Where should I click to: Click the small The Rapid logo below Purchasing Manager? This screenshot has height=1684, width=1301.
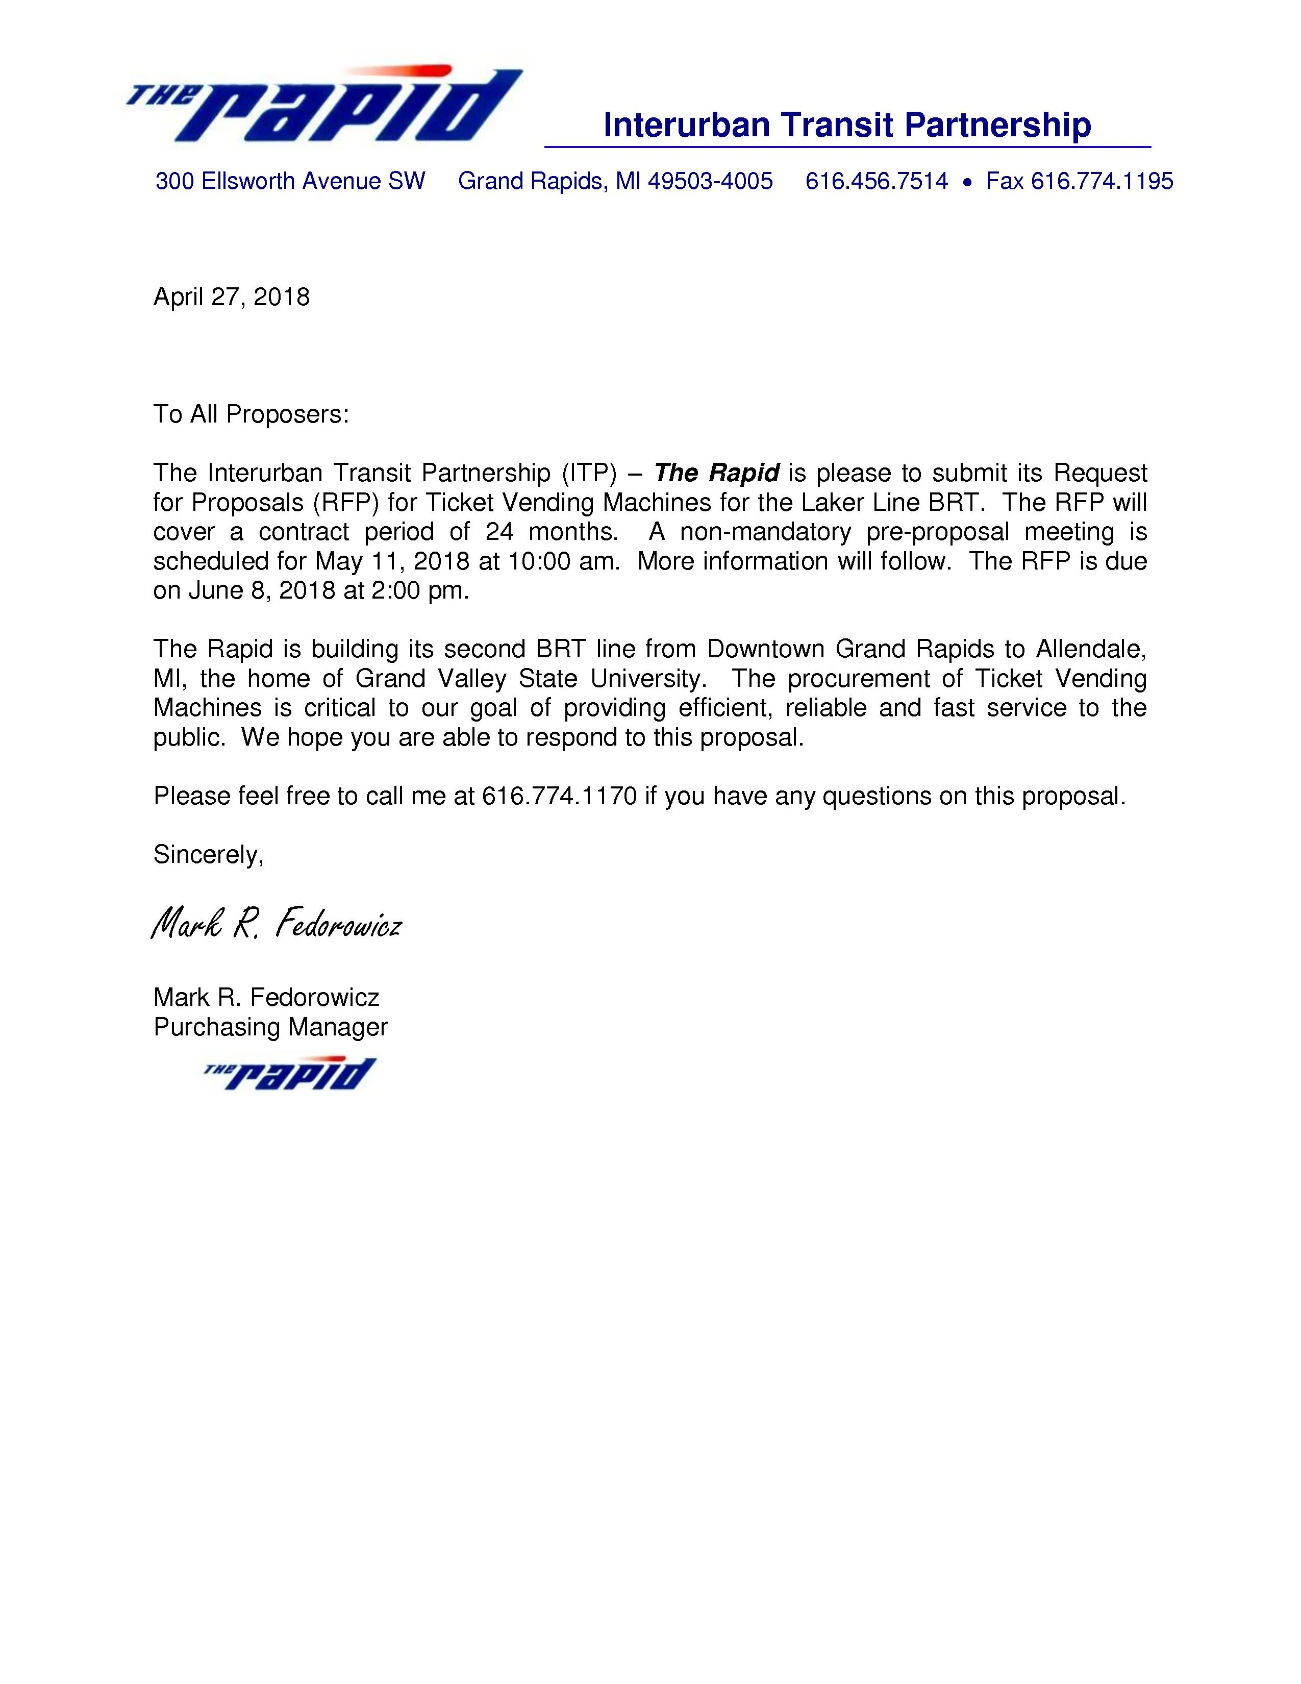(x=290, y=1073)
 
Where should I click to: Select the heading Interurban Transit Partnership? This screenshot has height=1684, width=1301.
(x=846, y=125)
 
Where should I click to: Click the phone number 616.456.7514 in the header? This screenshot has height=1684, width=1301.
(x=877, y=181)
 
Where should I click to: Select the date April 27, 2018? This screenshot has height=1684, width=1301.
(x=231, y=297)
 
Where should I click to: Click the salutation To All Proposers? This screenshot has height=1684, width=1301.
(x=251, y=415)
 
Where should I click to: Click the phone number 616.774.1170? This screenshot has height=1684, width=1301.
(x=560, y=796)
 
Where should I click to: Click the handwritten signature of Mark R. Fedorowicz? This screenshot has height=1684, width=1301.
(x=276, y=923)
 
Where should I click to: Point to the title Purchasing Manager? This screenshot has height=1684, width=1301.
(x=270, y=1027)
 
